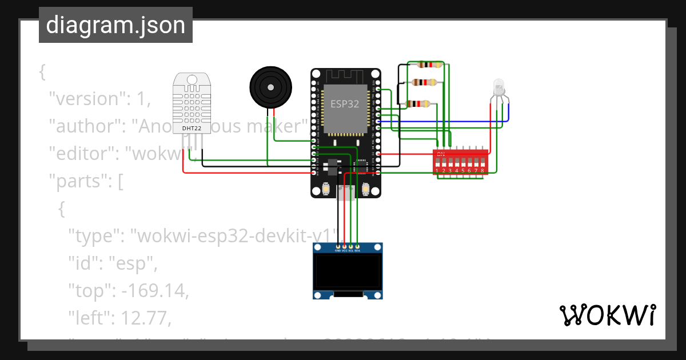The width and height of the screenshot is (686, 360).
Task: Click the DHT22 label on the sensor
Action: [192, 128]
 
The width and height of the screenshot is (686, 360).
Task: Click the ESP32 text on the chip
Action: [345, 104]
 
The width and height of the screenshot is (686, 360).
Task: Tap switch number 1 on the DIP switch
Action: [437, 163]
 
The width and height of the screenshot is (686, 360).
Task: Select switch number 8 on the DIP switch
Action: [483, 163]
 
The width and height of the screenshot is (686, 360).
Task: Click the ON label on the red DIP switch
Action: [440, 154]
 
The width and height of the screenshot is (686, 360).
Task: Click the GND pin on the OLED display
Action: [337, 249]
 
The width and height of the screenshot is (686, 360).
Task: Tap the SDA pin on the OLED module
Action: [358, 249]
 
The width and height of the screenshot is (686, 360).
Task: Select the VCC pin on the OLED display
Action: [344, 249]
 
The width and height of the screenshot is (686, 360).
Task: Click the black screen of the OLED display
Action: [348, 271]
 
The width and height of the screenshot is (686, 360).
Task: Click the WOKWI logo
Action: [607, 315]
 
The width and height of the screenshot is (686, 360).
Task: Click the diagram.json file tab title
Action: [115, 25]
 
